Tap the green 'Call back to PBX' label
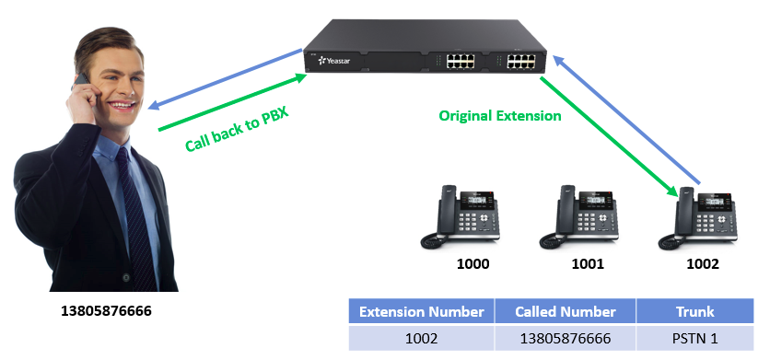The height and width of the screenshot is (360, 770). click(237, 129)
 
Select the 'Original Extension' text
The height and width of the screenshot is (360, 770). click(500, 116)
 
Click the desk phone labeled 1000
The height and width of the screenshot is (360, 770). click(461, 216)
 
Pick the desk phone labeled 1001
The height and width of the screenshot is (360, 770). click(579, 216)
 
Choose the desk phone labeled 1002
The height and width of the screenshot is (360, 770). click(698, 216)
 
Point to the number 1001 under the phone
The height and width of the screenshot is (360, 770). click(588, 264)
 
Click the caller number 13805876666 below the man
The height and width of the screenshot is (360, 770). click(106, 311)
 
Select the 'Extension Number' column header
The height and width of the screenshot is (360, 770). click(422, 311)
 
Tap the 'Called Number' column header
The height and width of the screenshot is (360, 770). click(566, 311)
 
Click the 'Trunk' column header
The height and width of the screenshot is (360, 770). click(694, 311)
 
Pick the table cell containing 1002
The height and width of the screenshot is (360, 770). click(422, 338)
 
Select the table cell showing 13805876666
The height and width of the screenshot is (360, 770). click(566, 338)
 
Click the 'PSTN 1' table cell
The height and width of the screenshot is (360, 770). click(694, 338)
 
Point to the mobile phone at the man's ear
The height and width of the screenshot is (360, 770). click(82, 81)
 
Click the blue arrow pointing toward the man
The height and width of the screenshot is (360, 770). click(226, 78)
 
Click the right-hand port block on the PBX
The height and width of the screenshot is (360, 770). click(521, 61)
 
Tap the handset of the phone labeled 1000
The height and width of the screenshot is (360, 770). click(448, 212)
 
